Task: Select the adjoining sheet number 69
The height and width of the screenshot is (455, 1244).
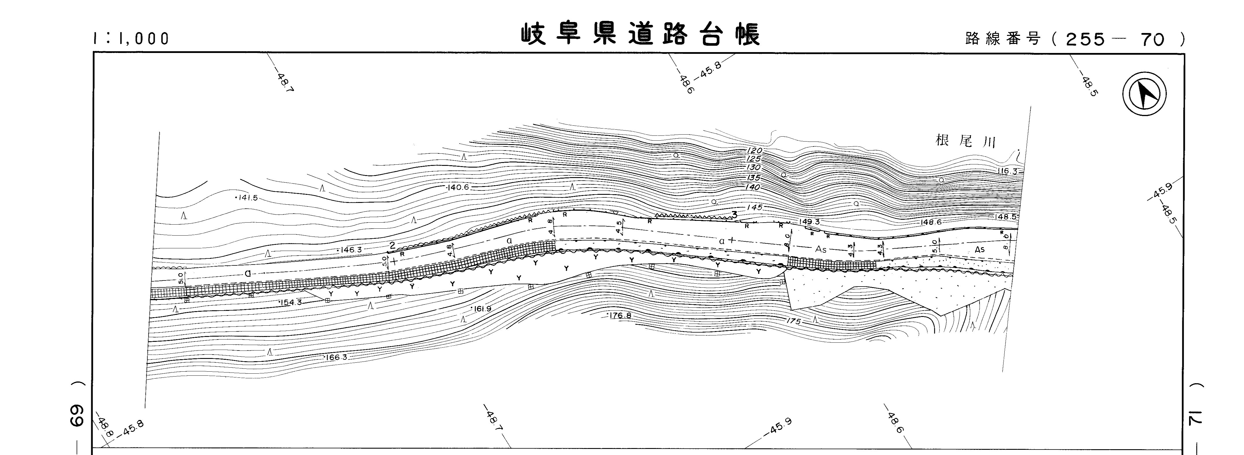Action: coord(77,415)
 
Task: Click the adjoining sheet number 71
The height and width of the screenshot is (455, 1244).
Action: coord(1201,418)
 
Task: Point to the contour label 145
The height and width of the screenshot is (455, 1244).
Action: coord(754,207)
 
